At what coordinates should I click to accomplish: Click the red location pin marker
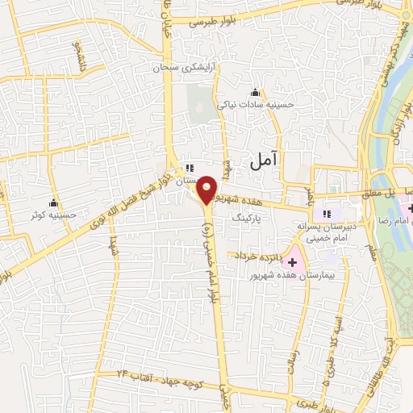click(x=206, y=190)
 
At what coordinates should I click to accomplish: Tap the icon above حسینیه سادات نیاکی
click(x=256, y=91)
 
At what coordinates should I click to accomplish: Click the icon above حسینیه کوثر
click(x=54, y=202)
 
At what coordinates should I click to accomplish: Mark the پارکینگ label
click(x=248, y=218)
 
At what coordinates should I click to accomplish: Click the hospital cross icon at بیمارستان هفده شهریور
click(x=293, y=261)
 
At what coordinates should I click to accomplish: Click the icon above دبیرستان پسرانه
click(x=327, y=214)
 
